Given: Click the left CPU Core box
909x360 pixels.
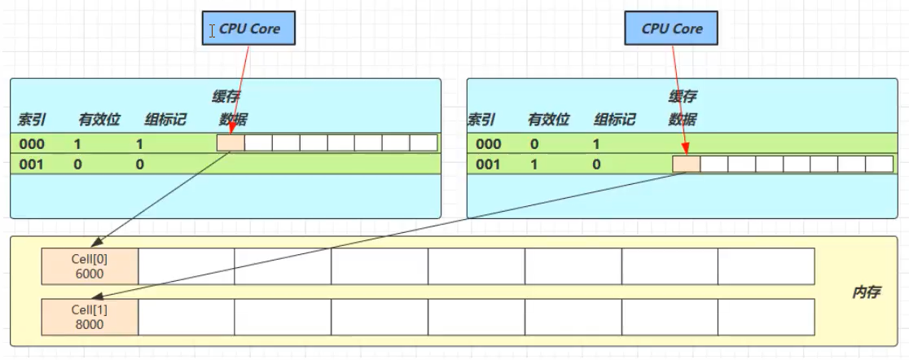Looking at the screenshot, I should tap(248, 29).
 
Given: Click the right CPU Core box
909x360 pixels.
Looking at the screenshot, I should tap(671, 29).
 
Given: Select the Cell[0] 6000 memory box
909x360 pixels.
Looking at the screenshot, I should tap(90, 266).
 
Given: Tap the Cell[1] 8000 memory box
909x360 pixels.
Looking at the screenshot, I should tap(90, 317).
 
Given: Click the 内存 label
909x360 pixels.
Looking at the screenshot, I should tap(866, 292).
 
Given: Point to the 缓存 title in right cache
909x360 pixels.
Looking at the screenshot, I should tap(683, 97).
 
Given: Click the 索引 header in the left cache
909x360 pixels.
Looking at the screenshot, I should tap(31, 120).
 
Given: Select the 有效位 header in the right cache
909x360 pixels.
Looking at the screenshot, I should tap(547, 120).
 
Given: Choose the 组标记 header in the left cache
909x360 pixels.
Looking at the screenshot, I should tap(165, 120).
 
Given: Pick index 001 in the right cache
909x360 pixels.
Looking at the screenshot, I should tap(488, 165).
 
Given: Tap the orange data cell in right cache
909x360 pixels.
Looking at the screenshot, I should tap(687, 165).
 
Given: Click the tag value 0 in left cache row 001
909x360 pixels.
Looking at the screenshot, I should tap(140, 165).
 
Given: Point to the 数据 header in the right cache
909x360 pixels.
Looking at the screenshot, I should tap(683, 120).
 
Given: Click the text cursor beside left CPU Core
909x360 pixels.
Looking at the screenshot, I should tap(213, 30).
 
